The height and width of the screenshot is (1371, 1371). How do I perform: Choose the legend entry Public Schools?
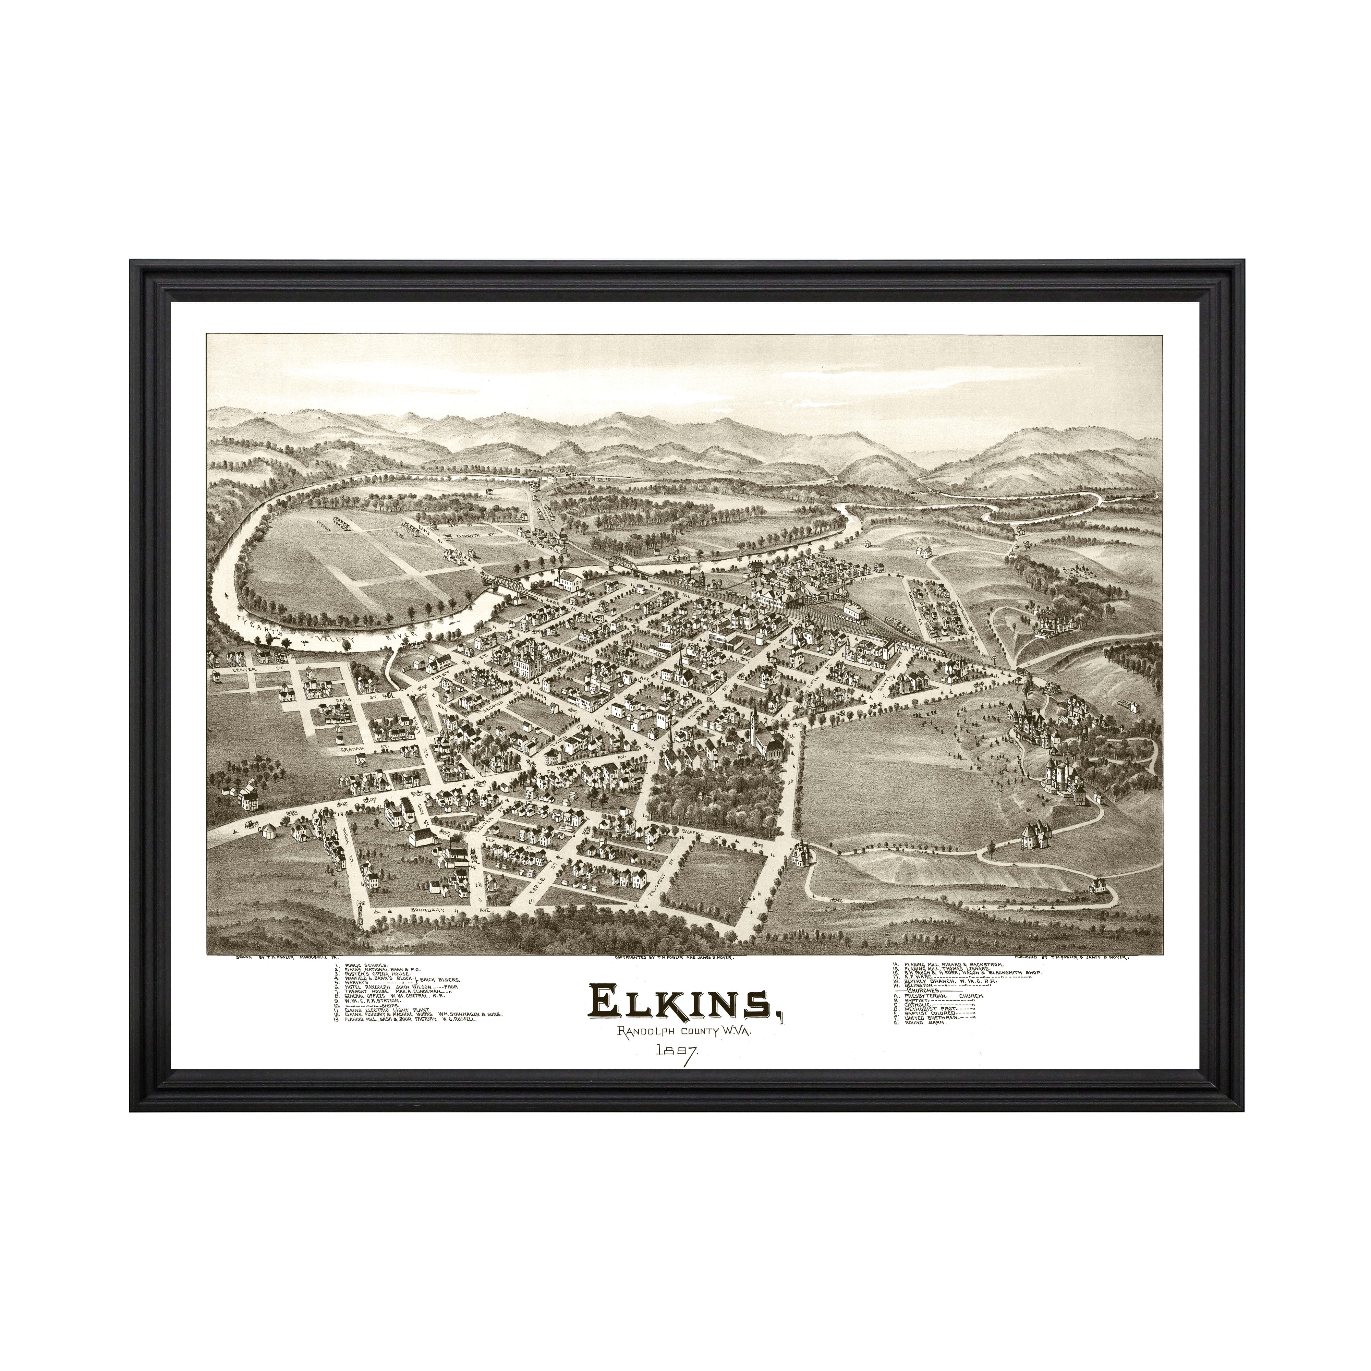point(369,966)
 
